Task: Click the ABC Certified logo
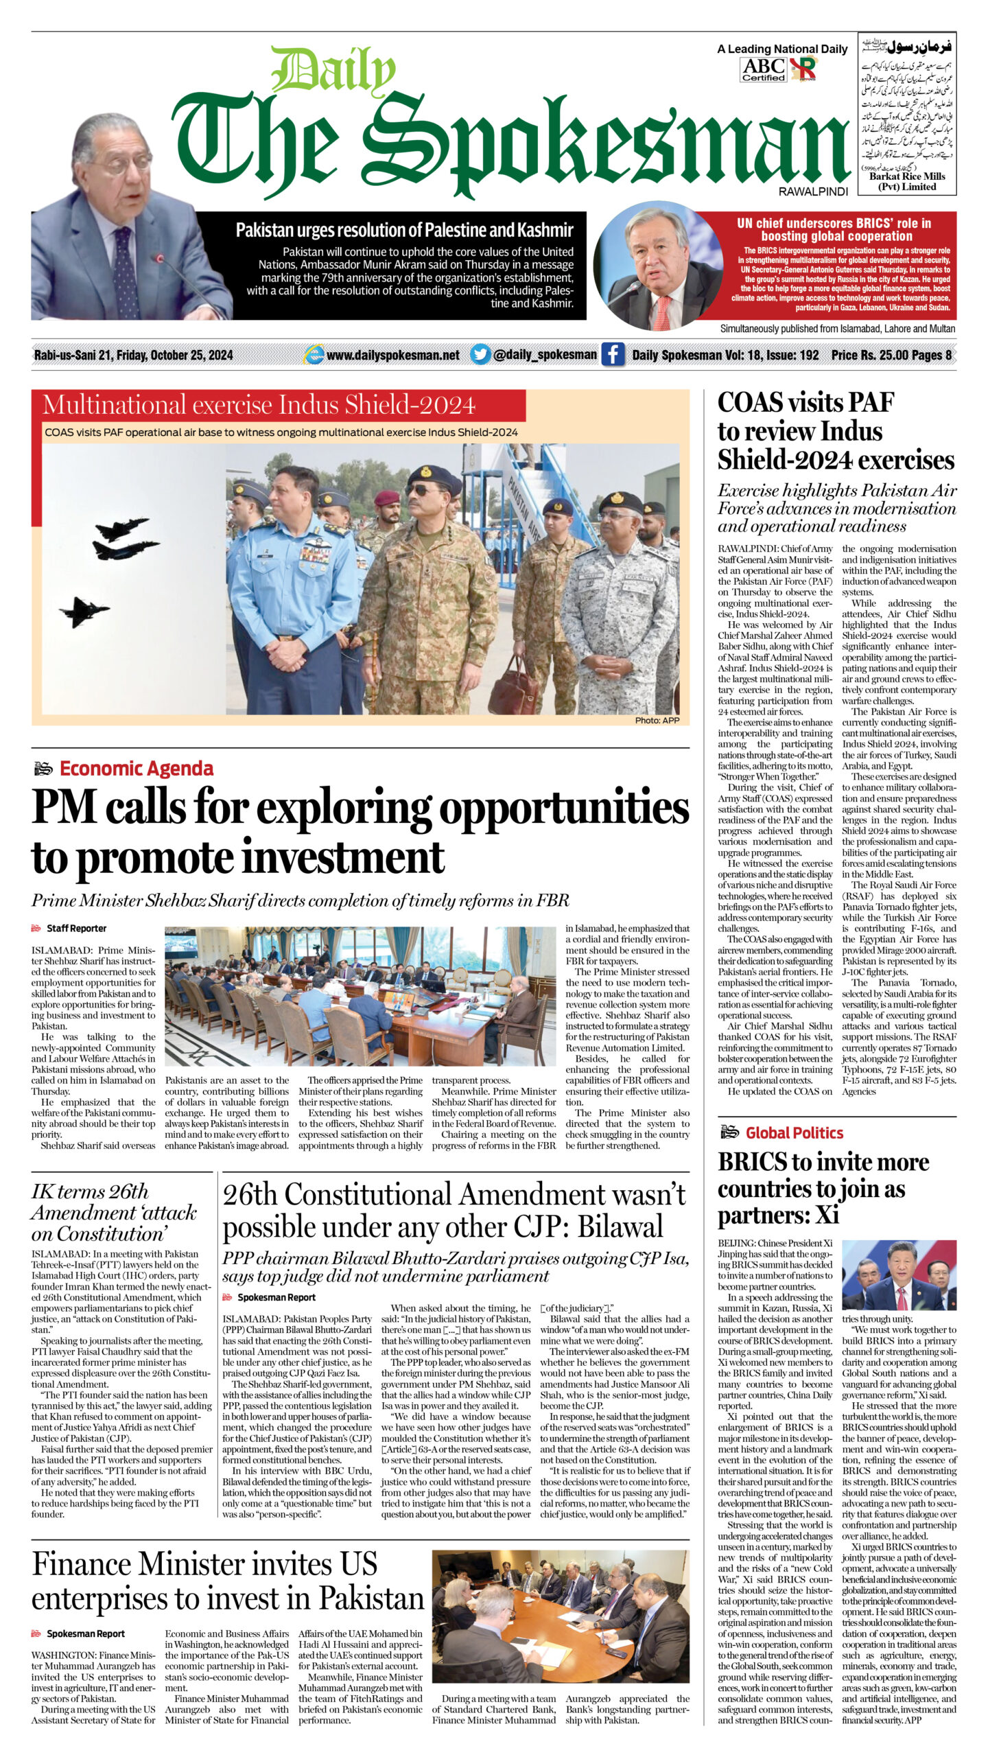pos(764,69)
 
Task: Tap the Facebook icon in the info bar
pos(612,354)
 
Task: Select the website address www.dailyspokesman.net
pos(392,355)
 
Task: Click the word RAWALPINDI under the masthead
pos(813,191)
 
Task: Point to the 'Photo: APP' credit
pos(657,720)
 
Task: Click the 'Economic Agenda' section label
pos(136,768)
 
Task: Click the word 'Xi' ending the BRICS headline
pos(828,1215)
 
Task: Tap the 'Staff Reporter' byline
pos(76,928)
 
